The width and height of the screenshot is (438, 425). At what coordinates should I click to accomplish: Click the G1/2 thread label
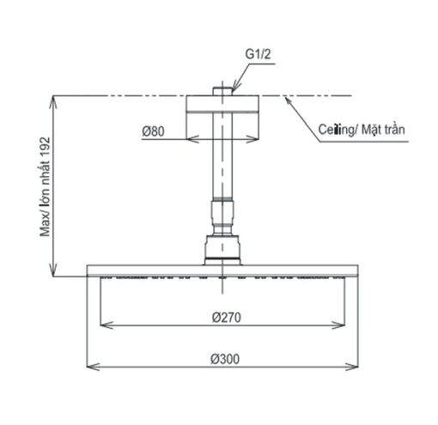pyautogui.click(x=258, y=54)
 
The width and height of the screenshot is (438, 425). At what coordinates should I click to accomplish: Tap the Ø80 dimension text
pyautogui.click(x=153, y=131)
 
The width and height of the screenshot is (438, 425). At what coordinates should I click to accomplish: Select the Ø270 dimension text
pyautogui.click(x=227, y=318)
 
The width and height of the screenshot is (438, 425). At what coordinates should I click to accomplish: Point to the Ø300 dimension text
pyautogui.click(x=225, y=359)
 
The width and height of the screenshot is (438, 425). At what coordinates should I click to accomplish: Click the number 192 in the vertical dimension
pyautogui.click(x=46, y=148)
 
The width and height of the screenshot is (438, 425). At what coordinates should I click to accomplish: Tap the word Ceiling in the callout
pyautogui.click(x=337, y=130)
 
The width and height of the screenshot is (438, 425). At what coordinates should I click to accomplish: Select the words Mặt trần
pyautogui.click(x=383, y=130)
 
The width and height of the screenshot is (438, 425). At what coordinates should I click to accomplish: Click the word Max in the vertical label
pyautogui.click(x=46, y=227)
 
